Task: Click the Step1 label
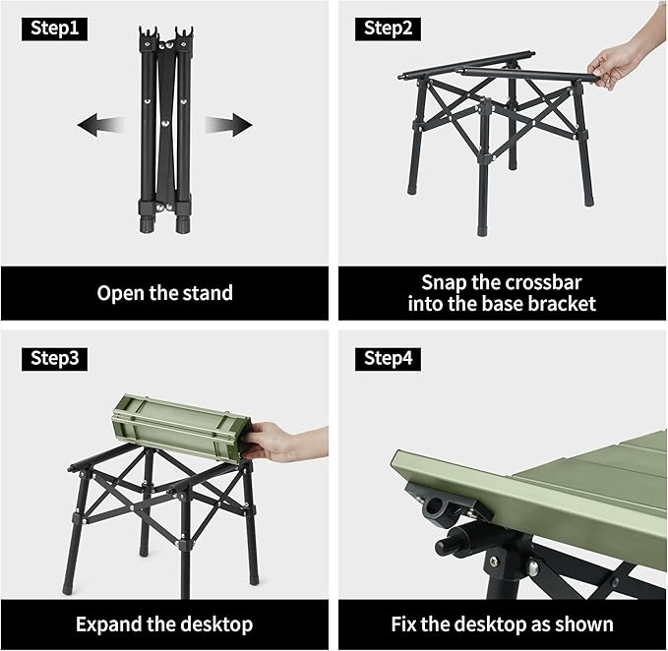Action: click(x=55, y=29)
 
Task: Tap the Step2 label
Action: click(x=389, y=29)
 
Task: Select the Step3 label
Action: click(x=55, y=359)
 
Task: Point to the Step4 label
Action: click(x=389, y=359)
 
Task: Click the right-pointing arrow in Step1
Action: click(x=228, y=125)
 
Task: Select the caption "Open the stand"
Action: click(x=165, y=293)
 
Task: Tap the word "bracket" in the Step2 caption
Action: click(x=560, y=305)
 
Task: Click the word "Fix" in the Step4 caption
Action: click(x=406, y=624)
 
